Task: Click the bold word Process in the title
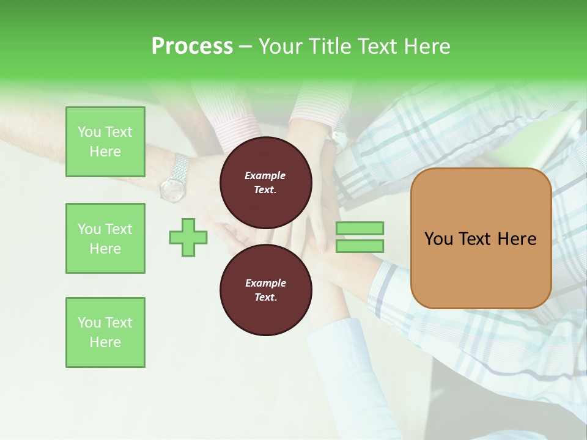[192, 46]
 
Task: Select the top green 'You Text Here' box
[105, 142]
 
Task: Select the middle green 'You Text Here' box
[105, 238]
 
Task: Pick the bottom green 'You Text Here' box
[105, 332]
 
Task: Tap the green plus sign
[188, 237]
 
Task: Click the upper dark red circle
[266, 183]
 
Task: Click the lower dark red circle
[266, 290]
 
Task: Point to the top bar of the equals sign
[360, 229]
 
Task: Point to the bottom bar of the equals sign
[360, 246]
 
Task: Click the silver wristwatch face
[172, 188]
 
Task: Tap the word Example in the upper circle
[265, 175]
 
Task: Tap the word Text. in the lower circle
[265, 298]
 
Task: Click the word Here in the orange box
[517, 239]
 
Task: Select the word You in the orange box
[438, 239]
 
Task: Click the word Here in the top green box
[105, 152]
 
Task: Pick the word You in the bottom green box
[89, 323]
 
